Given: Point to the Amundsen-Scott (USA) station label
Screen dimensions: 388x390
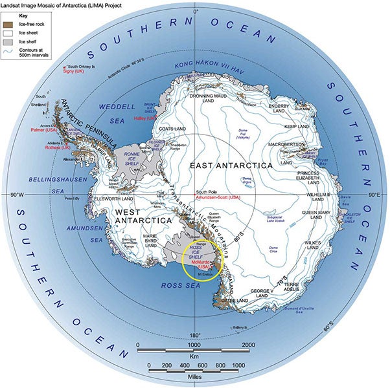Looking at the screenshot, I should [x=219, y=199].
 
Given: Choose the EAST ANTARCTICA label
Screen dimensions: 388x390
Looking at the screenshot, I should [x=231, y=166].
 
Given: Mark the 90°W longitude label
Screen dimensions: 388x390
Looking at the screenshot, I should [x=13, y=194].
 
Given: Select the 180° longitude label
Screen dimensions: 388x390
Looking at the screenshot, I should [x=195, y=334].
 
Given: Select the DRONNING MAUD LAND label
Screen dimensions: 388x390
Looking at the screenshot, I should [x=206, y=98].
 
